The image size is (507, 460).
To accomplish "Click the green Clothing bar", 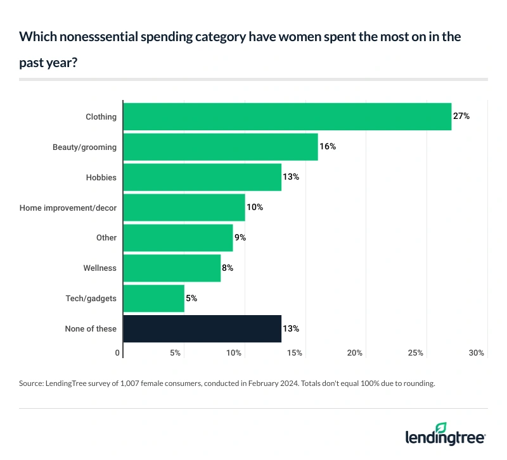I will coord(286,116).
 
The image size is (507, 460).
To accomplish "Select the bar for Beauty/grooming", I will coord(220,147).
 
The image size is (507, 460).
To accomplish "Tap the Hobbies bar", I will coord(202,177).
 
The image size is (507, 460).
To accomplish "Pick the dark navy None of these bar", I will coord(202,328).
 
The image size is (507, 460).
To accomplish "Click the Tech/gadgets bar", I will coord(153,298).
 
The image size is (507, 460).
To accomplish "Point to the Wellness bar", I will coord(171,268).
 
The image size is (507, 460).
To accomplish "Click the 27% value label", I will coord(461,116).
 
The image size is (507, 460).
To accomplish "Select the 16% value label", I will coord(327,147).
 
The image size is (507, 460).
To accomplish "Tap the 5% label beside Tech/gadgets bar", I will coord(191,298).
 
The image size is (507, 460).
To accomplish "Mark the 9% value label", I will coord(240,237).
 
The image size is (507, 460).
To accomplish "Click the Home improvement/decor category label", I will coord(68,208).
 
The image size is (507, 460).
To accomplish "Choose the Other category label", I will coord(106,237).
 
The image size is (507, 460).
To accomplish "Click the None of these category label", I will coord(91,328).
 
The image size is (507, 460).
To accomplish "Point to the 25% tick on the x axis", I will coord(416,352).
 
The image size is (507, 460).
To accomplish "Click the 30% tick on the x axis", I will coord(477,352).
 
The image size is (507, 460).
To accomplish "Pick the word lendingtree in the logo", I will coord(444,437).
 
